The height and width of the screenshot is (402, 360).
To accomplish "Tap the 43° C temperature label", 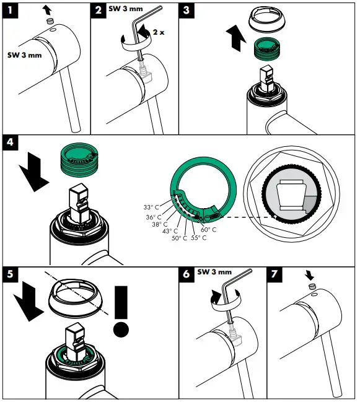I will click(171, 231).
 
